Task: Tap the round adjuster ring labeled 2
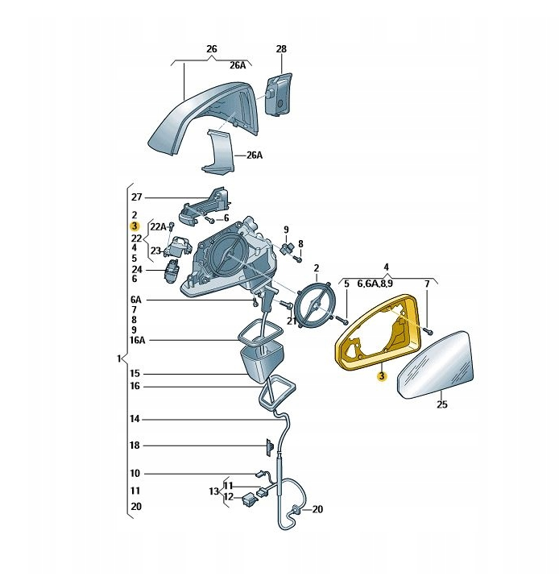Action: click(316, 305)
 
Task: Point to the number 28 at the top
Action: click(281, 49)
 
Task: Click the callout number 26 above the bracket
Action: click(212, 49)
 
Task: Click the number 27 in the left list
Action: click(136, 197)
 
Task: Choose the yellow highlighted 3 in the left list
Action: click(135, 226)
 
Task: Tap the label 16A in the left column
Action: click(138, 340)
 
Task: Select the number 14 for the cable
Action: click(135, 419)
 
